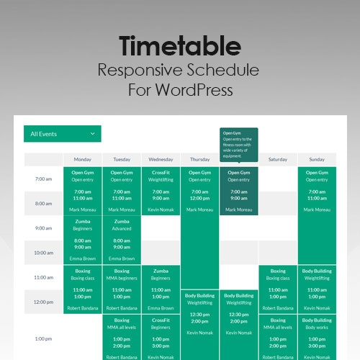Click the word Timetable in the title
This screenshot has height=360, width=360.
pos(179,46)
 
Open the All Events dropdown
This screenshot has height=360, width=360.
pos(62,133)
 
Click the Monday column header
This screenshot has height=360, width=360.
pos(82,159)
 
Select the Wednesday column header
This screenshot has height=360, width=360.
pos(161,159)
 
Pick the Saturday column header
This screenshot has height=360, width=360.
pos(278,159)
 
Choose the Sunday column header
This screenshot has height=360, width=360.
pos(317,159)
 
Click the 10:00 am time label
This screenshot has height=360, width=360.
pos(44,253)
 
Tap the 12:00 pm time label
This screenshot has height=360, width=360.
pos(44,302)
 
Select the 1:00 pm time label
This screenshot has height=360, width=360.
pos(44,338)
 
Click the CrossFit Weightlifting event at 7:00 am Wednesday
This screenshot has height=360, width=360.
pos(161,191)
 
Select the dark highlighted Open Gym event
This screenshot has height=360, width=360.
pos(239,191)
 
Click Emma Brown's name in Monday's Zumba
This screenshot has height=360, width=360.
pos(82,258)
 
